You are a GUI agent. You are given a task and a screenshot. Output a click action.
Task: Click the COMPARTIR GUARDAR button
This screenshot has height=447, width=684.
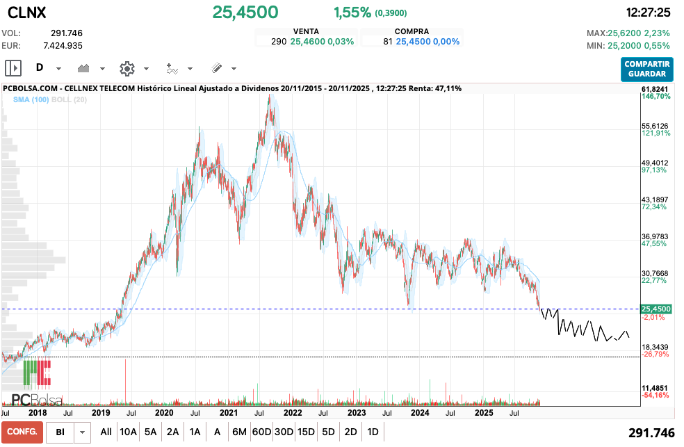click(x=647, y=69)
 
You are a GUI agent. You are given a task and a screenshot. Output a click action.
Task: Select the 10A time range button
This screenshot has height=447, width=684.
click(x=128, y=432)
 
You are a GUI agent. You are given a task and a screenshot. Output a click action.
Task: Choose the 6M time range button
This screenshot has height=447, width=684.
click(x=239, y=432)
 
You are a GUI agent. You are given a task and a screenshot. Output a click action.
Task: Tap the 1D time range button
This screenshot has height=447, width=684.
click(x=373, y=432)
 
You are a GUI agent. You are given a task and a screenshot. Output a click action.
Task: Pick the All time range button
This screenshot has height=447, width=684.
click(x=106, y=432)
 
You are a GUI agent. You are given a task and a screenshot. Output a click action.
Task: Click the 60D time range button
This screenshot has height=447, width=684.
click(x=261, y=432)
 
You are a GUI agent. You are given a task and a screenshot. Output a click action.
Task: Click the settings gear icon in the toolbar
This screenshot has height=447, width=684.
click(x=127, y=68)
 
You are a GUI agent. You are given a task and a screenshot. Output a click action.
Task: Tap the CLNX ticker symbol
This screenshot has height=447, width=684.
click(x=27, y=13)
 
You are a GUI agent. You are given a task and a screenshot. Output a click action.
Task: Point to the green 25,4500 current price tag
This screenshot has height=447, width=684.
click(x=656, y=309)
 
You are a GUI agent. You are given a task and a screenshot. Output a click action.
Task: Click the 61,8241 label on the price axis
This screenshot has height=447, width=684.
click(x=655, y=90)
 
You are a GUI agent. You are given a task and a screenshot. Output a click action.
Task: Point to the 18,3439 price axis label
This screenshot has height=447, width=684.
click(x=655, y=347)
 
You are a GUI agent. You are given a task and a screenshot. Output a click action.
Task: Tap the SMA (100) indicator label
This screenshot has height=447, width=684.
click(x=31, y=100)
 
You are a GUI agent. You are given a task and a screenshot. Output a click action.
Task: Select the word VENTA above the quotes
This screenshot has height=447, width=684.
click(x=307, y=31)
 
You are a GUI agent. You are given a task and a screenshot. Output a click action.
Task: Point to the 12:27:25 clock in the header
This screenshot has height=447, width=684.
click(x=648, y=13)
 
